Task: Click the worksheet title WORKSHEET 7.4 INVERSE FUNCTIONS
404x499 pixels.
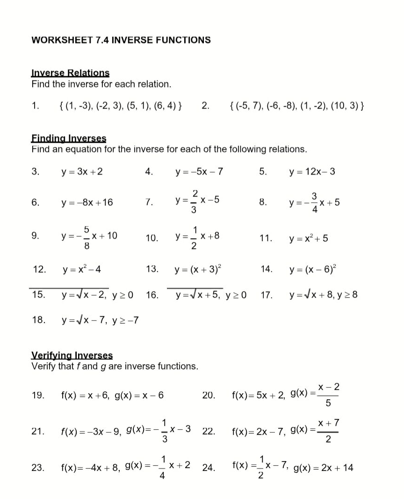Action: point(121,40)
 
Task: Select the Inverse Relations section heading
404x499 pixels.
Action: point(70,73)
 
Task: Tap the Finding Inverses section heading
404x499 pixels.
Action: point(69,139)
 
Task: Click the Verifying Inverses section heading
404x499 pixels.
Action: point(72,355)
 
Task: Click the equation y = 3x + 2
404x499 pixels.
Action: point(82,172)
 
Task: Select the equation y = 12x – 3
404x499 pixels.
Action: point(312,172)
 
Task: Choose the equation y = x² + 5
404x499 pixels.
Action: point(309,239)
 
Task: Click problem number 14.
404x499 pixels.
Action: point(266,269)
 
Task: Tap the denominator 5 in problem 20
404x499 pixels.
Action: point(328,403)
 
